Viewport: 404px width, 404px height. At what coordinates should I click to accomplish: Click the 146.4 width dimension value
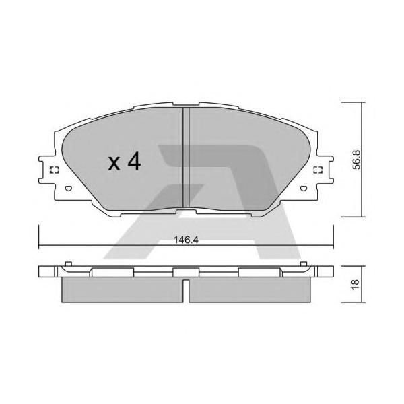pyautogui.click(x=186, y=240)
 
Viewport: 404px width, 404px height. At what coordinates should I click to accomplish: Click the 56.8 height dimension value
pyautogui.click(x=357, y=160)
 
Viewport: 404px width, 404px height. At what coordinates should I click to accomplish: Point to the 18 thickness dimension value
pyautogui.click(x=356, y=284)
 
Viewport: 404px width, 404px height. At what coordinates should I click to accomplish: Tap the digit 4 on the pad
pyautogui.click(x=134, y=162)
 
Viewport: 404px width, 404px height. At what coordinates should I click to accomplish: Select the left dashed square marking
pyautogui.click(x=54, y=170)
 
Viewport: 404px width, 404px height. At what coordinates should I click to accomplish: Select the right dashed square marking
pyautogui.click(x=318, y=170)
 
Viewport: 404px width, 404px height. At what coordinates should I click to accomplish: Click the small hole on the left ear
pyautogui.click(x=68, y=189)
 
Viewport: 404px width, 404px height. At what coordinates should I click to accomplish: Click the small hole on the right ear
pyautogui.click(x=304, y=189)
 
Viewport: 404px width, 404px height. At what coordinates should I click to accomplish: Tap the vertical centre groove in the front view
pyautogui.click(x=186, y=158)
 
